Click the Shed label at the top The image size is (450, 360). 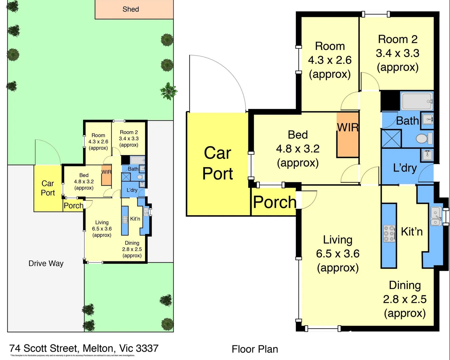[x=131, y=9]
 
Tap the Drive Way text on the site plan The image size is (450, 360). [x=46, y=263]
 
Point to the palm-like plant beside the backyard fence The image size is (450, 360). [x=168, y=91]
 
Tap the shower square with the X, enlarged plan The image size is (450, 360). [x=391, y=139]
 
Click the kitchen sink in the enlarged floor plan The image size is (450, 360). [x=436, y=216]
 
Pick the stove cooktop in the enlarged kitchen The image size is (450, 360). [x=389, y=233]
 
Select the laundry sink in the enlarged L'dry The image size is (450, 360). [x=427, y=155]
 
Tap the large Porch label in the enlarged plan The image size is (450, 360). [x=275, y=202]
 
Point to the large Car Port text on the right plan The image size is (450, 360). [x=218, y=163]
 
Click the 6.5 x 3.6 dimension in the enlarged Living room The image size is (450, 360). [x=338, y=254]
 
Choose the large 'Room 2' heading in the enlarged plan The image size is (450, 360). [x=398, y=39]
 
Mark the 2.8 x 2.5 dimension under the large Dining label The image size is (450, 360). [x=405, y=299]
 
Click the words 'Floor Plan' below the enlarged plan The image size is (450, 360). [x=255, y=349]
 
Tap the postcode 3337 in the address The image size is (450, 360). [x=147, y=348]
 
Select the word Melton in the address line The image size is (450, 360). [x=98, y=348]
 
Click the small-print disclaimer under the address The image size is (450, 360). [x=73, y=356]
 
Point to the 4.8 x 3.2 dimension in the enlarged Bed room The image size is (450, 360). [x=298, y=149]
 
